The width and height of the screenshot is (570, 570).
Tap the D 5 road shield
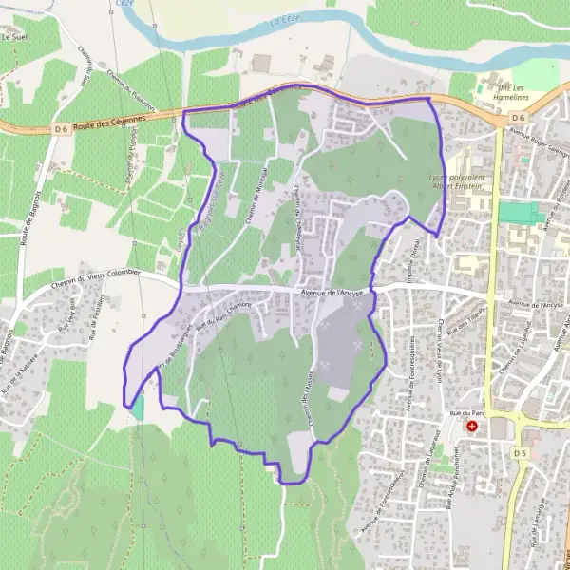pyautogui.click(x=520, y=454)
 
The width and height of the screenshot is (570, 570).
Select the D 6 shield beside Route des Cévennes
pyautogui.click(x=61, y=128)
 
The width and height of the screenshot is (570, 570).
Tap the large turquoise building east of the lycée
pyautogui.click(x=517, y=213)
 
